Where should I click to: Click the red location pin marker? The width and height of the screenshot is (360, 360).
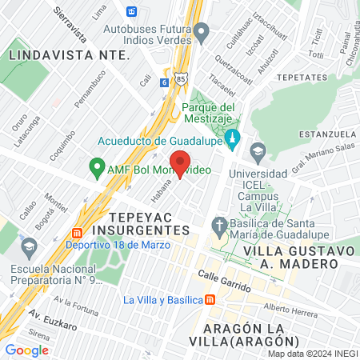[x=180, y=162]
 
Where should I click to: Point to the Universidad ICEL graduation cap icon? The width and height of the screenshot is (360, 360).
[x=258, y=150]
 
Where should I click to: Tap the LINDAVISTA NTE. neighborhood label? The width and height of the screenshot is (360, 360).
[x=69, y=54]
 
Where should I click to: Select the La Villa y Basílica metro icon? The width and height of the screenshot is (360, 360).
[x=209, y=299]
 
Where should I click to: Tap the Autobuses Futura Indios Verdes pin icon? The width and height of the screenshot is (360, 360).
[x=202, y=33]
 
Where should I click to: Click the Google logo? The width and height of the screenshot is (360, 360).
[x=26, y=350]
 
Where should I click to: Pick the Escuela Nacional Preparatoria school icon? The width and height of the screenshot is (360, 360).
[x=30, y=245]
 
